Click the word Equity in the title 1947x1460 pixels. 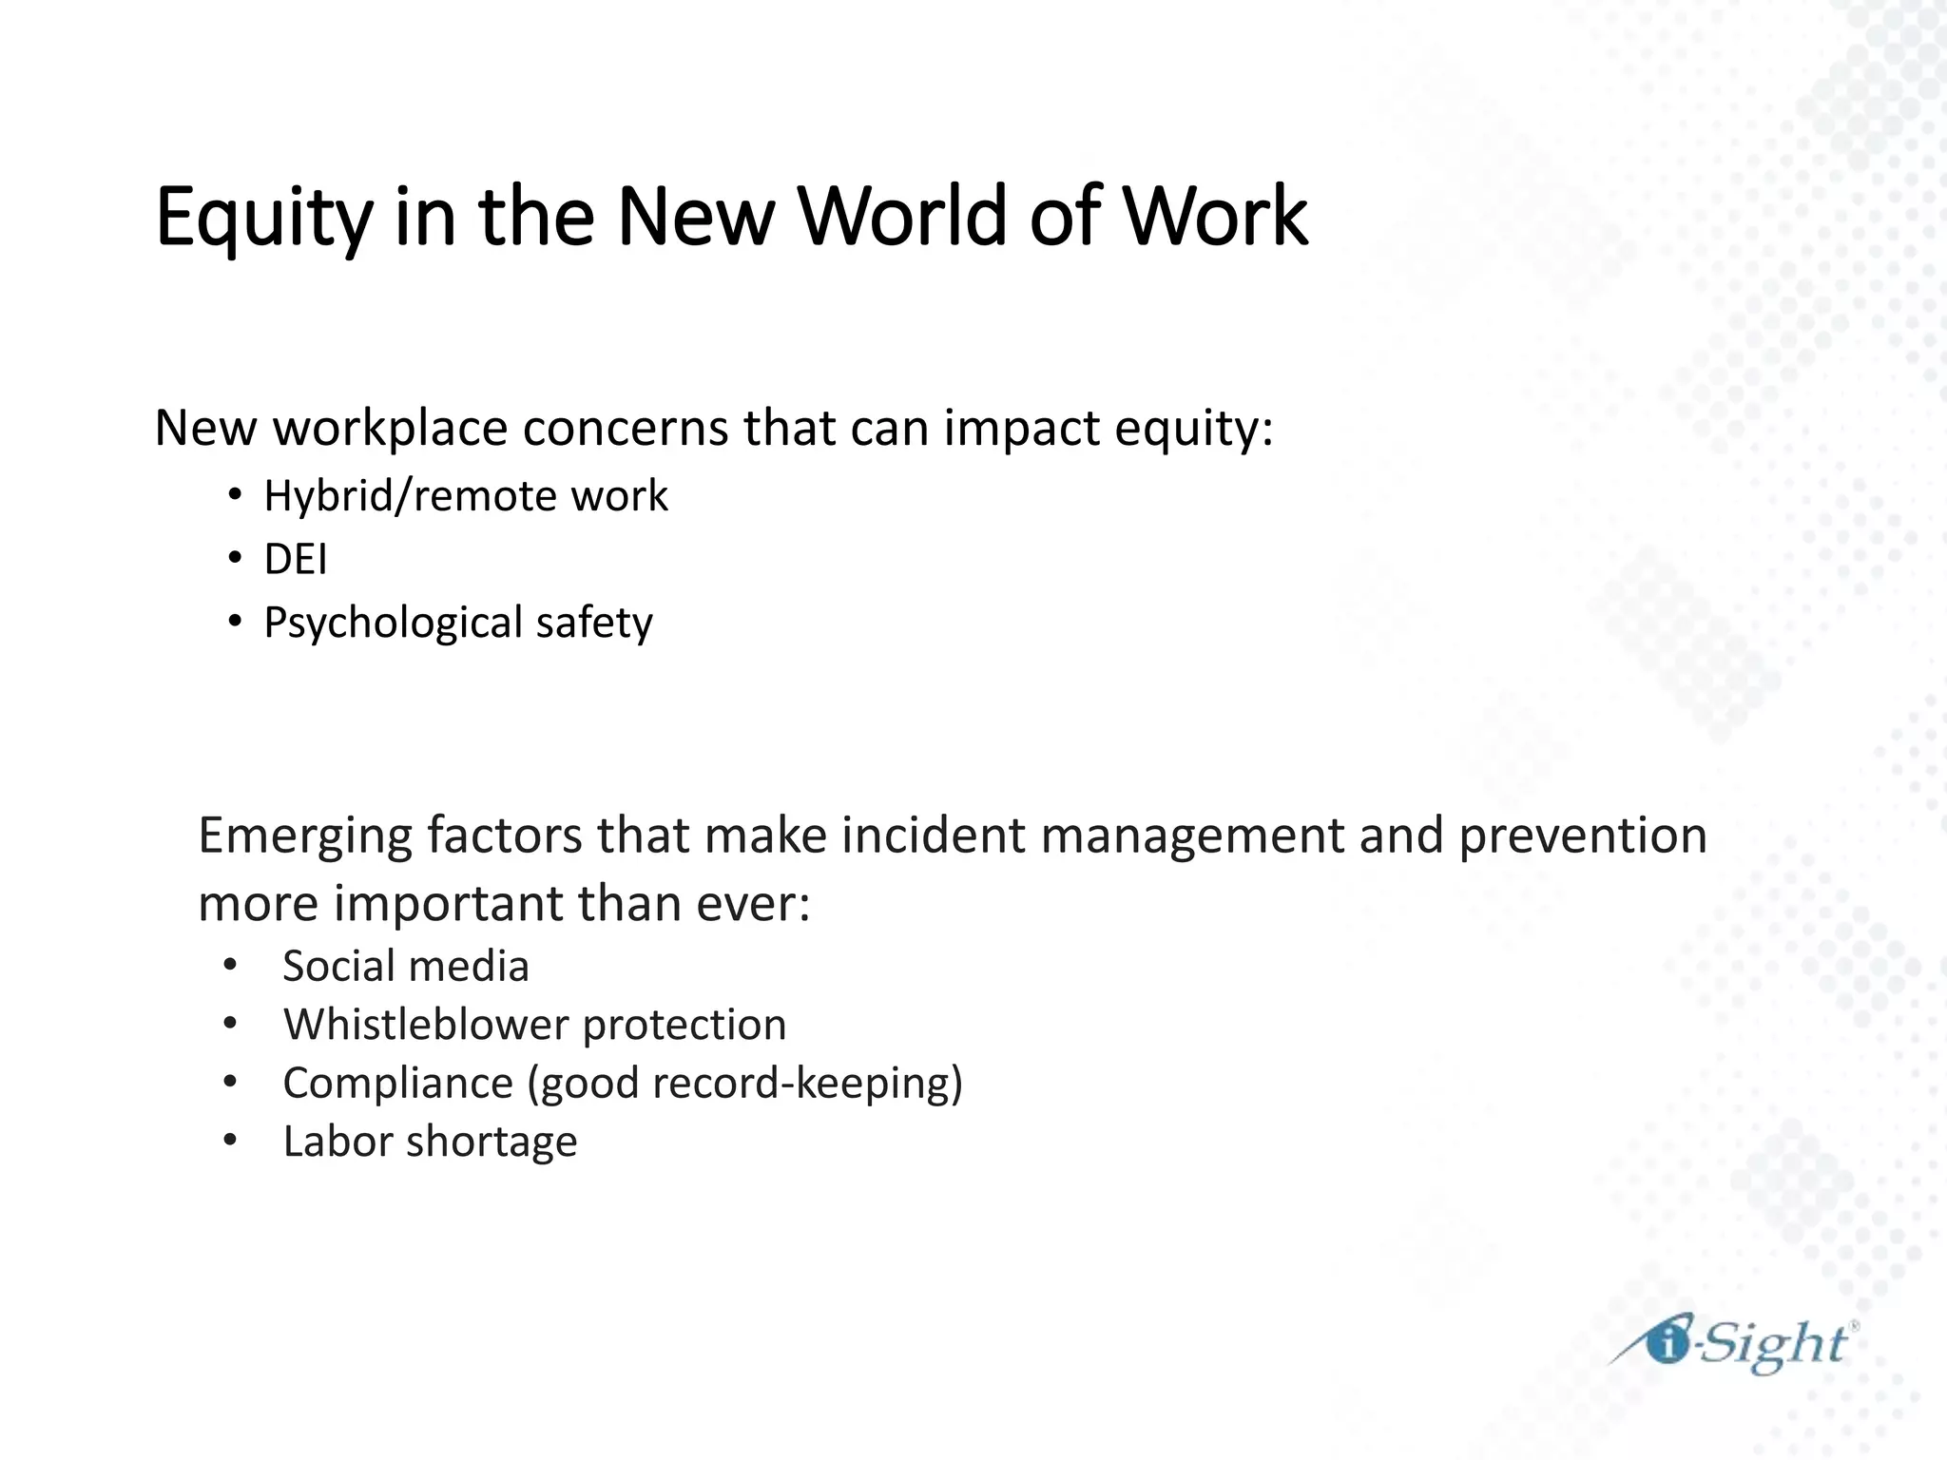tap(263, 218)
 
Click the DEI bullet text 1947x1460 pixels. tap(296, 559)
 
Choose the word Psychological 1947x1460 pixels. tap(393, 624)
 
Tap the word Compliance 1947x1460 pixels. tap(397, 1084)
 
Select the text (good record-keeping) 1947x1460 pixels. tap(745, 1084)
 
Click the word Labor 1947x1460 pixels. tap(337, 1142)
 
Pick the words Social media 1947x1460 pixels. tap(406, 967)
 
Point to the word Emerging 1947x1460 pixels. tap(304, 836)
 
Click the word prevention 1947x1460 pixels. tap(1582, 836)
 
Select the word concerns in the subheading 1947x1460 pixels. tap(625, 429)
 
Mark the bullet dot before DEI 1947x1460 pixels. tap(234, 559)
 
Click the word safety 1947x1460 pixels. tap(594, 624)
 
